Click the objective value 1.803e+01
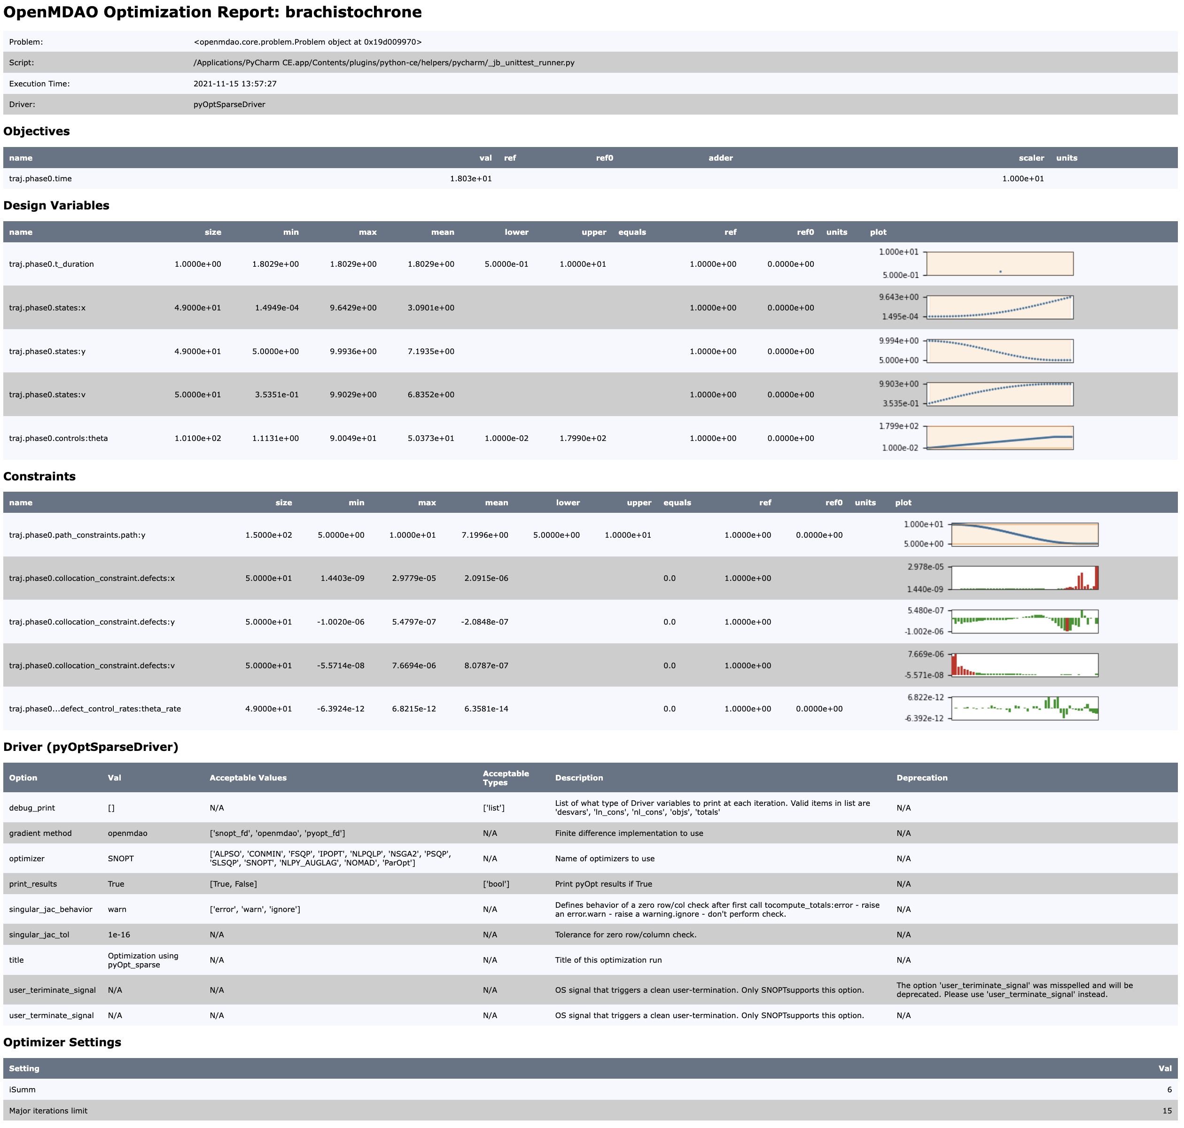click(x=470, y=178)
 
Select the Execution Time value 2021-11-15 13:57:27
click(x=234, y=84)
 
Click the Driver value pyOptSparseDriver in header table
click(x=229, y=105)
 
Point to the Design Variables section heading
click(x=56, y=206)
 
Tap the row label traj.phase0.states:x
click(x=47, y=308)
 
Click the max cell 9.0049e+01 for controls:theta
click(x=353, y=438)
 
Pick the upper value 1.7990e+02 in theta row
click(x=583, y=438)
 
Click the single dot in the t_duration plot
click(x=1000, y=272)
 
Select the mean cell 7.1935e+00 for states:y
click(x=431, y=351)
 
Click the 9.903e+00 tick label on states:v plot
click(x=899, y=384)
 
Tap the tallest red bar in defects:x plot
click(x=1096, y=578)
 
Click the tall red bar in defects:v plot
click(x=954, y=664)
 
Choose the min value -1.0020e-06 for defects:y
click(x=341, y=622)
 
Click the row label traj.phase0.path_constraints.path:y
click(x=77, y=535)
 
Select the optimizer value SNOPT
click(x=120, y=858)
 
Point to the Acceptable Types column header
click(x=506, y=778)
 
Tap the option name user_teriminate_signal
click(x=52, y=990)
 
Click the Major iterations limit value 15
click(x=1167, y=1111)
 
